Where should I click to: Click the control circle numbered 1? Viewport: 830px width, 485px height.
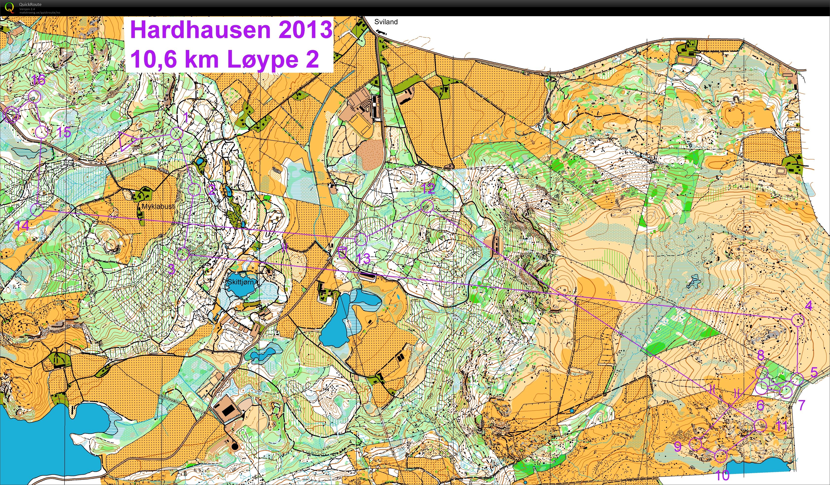(177, 133)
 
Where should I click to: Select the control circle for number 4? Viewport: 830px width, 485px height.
(798, 320)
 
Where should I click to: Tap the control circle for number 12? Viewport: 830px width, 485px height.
(427, 206)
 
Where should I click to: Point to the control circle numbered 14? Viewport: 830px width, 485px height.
(37, 210)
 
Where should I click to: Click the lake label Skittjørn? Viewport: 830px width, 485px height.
(241, 282)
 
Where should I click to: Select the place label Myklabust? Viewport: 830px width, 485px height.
(158, 207)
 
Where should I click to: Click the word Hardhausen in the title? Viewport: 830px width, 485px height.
(200, 30)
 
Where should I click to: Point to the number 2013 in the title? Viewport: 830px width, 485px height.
(305, 30)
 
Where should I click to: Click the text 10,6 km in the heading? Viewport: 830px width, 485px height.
(174, 59)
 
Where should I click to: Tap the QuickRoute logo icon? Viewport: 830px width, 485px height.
(9, 7)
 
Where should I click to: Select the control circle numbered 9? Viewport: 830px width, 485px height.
(695, 444)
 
